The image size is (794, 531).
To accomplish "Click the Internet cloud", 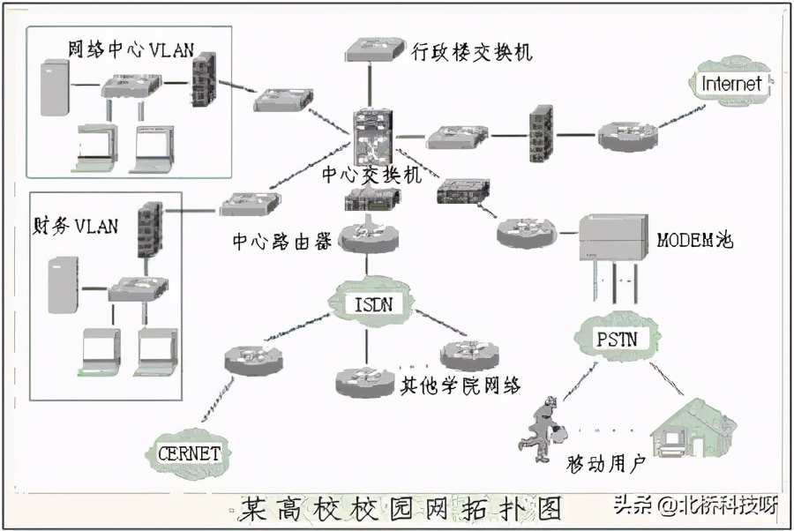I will [x=730, y=85].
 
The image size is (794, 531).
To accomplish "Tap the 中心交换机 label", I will [x=371, y=175].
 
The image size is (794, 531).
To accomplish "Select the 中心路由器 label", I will [x=282, y=241].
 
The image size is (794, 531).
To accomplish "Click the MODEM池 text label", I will [x=695, y=240].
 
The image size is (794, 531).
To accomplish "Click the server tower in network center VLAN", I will [x=56, y=87].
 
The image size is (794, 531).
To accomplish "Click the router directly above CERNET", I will [x=251, y=357].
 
